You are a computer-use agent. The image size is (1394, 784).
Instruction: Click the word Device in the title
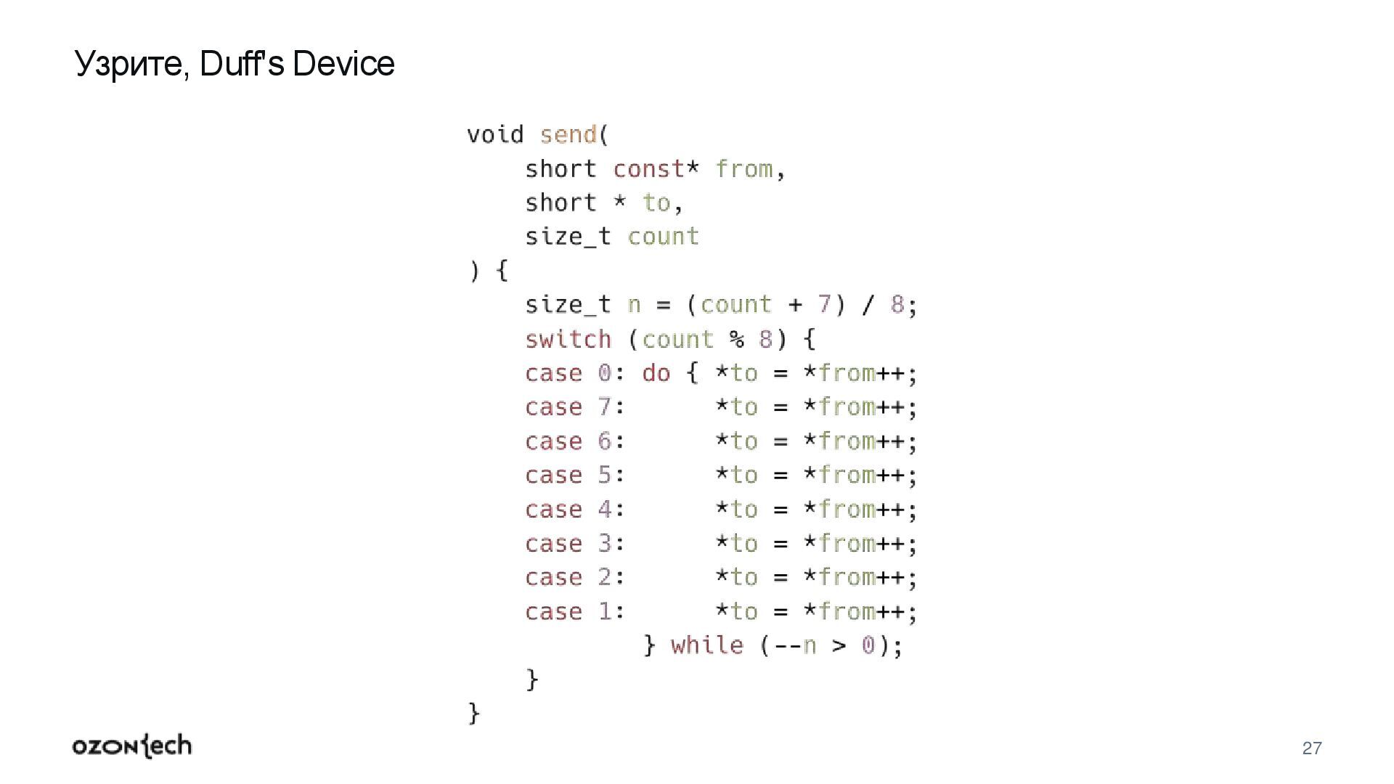(343, 64)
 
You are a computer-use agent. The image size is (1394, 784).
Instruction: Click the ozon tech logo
(132, 746)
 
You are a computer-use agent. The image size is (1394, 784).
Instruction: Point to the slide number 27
(1312, 748)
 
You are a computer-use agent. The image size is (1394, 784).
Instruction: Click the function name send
(568, 135)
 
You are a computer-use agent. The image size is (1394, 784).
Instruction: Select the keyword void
(494, 135)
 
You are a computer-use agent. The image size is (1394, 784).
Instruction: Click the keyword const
(648, 169)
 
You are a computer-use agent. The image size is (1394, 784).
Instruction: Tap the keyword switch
(568, 339)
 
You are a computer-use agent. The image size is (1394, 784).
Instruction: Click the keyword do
(656, 373)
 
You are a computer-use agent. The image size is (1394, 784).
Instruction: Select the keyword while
(706, 645)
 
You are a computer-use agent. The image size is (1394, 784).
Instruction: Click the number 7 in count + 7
(824, 305)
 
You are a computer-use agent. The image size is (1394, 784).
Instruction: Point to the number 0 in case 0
(605, 373)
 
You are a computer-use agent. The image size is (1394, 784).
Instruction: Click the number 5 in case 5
(605, 475)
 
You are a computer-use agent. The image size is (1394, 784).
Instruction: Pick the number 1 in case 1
(605, 611)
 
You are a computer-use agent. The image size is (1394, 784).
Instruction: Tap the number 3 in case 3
(605, 544)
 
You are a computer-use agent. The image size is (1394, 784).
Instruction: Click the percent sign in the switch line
(737, 339)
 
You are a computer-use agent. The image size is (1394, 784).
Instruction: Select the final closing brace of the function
(474, 713)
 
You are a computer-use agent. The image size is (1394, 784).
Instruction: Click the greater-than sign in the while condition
(839, 645)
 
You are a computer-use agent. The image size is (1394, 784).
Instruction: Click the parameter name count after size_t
(663, 237)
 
